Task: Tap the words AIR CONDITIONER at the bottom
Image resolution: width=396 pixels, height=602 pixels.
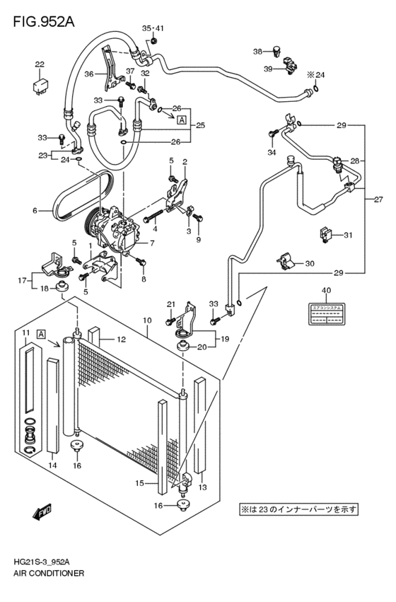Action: pyautogui.click(x=47, y=573)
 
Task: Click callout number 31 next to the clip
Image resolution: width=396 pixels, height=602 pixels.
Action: pyautogui.click(x=348, y=235)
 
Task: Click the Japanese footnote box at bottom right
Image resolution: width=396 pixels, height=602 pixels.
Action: pyautogui.click(x=299, y=509)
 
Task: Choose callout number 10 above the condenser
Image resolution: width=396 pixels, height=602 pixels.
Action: pyautogui.click(x=146, y=320)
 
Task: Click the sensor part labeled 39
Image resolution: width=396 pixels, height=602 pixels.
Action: pyautogui.click(x=290, y=68)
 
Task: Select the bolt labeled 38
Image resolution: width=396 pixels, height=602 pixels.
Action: pyautogui.click(x=277, y=51)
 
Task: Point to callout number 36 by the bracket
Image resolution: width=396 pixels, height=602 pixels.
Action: pyautogui.click(x=88, y=73)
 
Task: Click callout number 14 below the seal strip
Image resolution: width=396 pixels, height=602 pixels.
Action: pyautogui.click(x=52, y=465)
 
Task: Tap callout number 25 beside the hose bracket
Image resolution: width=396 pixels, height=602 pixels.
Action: pyautogui.click(x=200, y=125)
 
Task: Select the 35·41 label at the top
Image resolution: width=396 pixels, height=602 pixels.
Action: pyautogui.click(x=153, y=28)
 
